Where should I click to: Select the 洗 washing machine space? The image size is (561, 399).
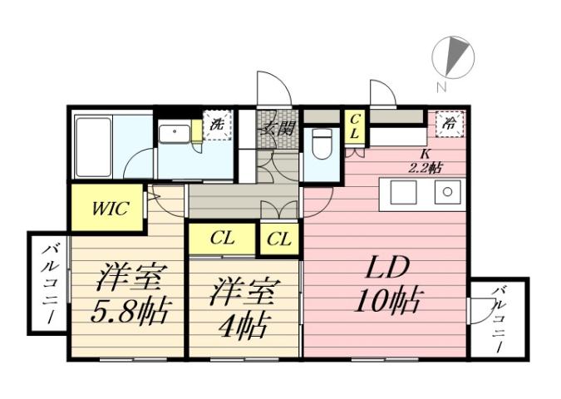click(x=216, y=126)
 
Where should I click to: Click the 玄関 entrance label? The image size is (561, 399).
click(x=277, y=129)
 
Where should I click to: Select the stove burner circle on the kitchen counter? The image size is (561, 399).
click(x=448, y=192)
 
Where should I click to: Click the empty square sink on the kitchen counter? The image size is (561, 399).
click(x=404, y=192)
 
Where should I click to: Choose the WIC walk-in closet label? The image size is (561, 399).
click(x=110, y=208)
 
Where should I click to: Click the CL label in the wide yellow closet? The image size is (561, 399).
click(x=222, y=239)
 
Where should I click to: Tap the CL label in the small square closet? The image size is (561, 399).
click(x=279, y=239)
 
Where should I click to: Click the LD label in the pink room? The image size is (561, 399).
click(x=386, y=268)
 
